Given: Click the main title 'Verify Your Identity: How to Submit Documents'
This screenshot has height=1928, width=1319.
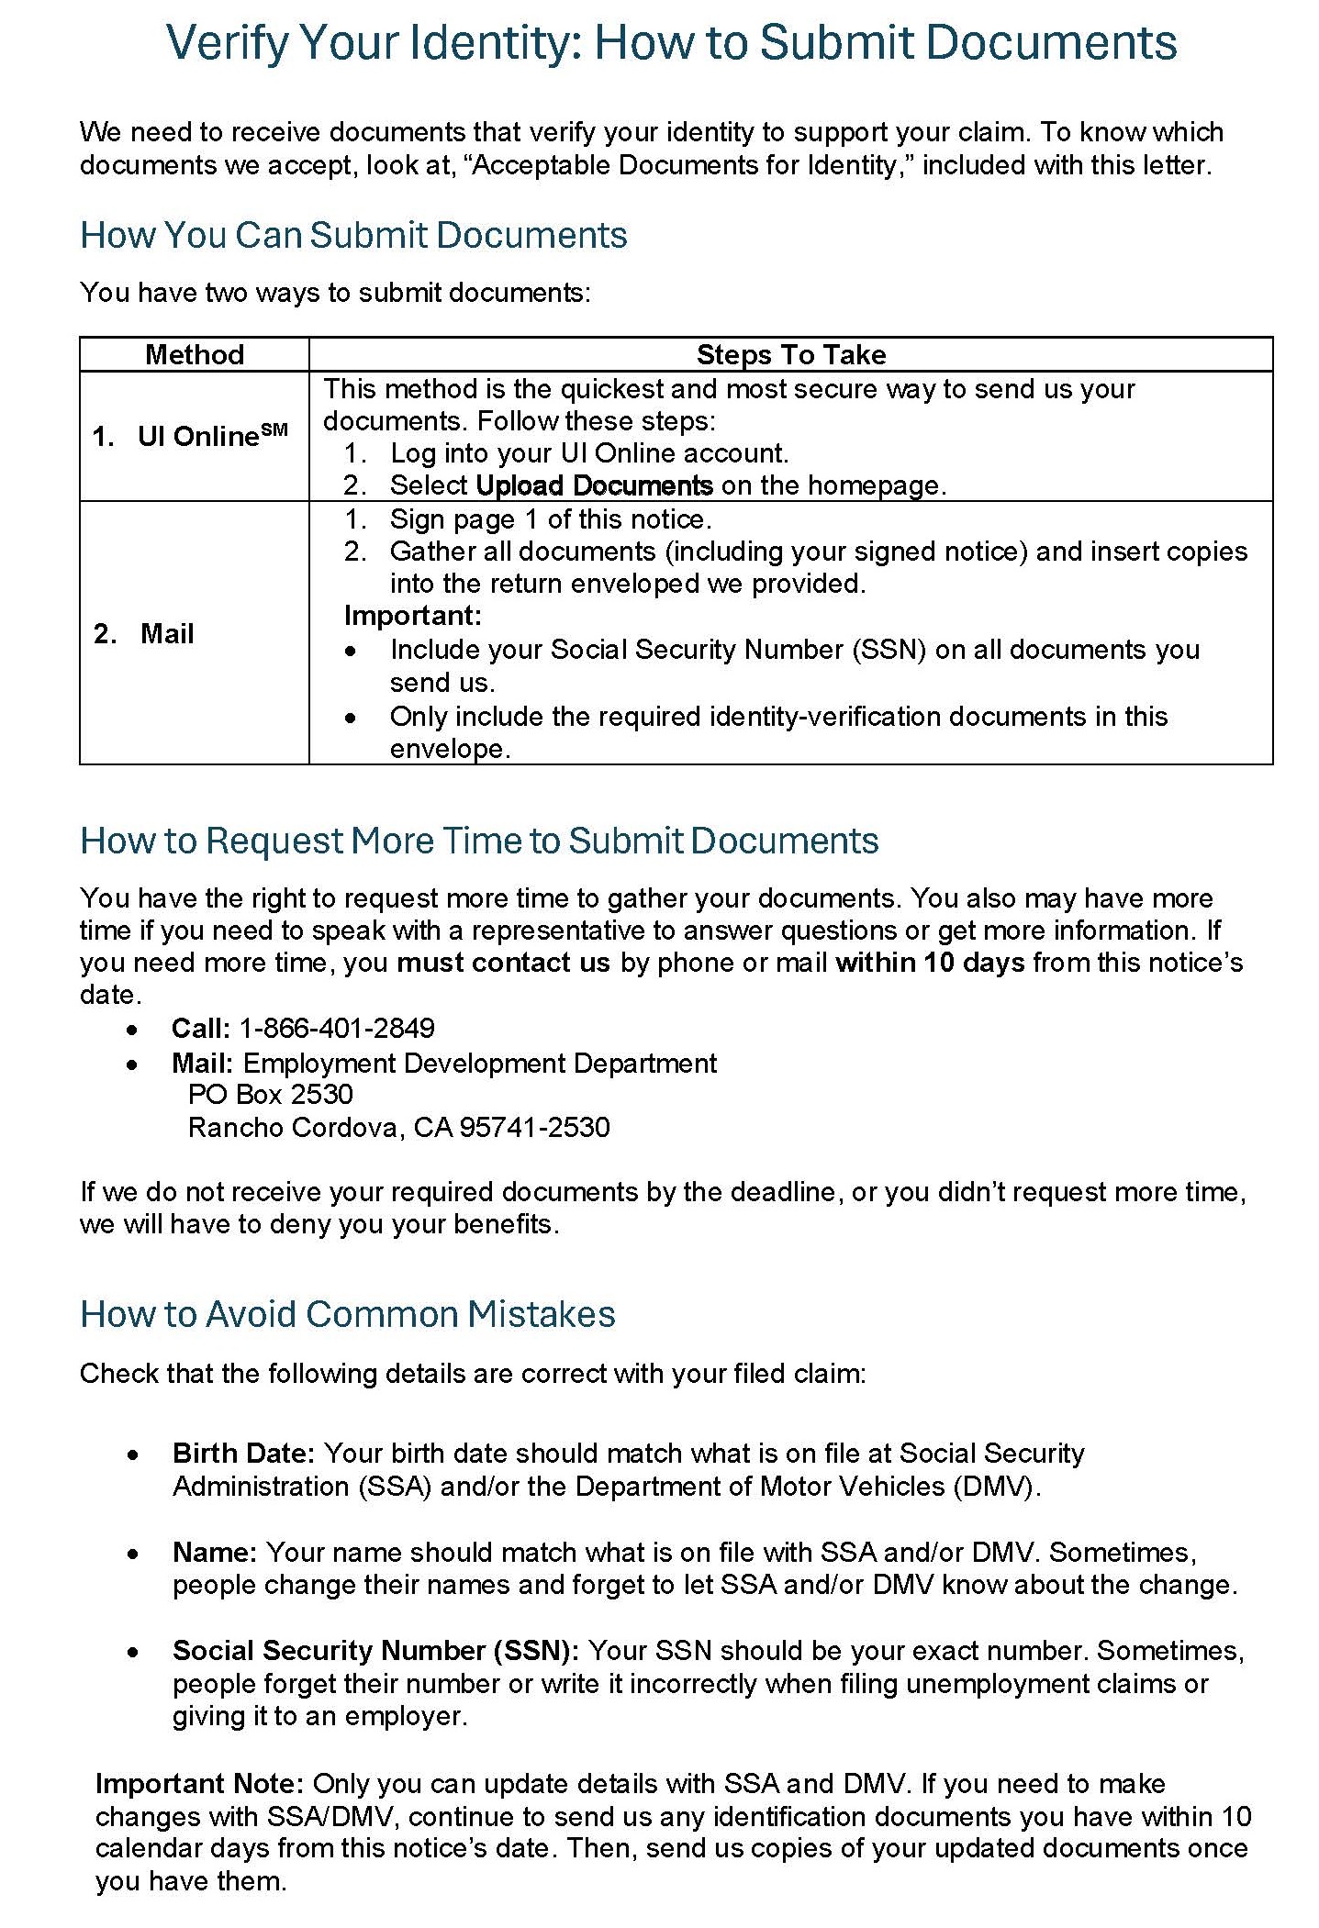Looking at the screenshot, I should [x=671, y=43].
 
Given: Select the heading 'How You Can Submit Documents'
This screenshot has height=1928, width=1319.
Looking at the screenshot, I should [x=353, y=236].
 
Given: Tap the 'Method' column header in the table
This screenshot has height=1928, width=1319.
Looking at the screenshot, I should [x=195, y=355].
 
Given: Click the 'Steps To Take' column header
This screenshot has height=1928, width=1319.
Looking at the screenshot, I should [x=790, y=355].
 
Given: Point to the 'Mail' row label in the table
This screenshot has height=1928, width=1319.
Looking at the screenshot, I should [x=167, y=634].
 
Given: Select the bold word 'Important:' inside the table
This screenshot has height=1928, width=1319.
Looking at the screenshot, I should [x=412, y=616].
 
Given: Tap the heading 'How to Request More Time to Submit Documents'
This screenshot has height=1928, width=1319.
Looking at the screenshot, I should [x=479, y=841].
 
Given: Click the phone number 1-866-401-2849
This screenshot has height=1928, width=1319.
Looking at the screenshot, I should [x=337, y=1028].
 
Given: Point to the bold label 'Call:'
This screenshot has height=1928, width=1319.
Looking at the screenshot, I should [x=200, y=1028].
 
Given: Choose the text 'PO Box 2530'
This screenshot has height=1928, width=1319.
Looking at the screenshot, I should [x=270, y=1094].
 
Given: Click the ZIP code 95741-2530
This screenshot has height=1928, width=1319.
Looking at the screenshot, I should [x=534, y=1127].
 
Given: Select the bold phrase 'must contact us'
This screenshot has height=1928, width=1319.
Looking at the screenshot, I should [x=503, y=963].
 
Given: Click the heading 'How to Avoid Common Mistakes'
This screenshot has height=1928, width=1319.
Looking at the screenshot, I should [x=347, y=1315].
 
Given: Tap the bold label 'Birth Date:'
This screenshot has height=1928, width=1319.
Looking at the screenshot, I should [x=243, y=1454].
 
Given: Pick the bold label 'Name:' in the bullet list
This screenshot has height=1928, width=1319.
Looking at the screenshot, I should [x=215, y=1553].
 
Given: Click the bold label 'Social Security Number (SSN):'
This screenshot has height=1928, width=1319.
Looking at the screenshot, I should [x=375, y=1651].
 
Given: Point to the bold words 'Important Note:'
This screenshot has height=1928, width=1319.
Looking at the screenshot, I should [x=199, y=1784].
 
